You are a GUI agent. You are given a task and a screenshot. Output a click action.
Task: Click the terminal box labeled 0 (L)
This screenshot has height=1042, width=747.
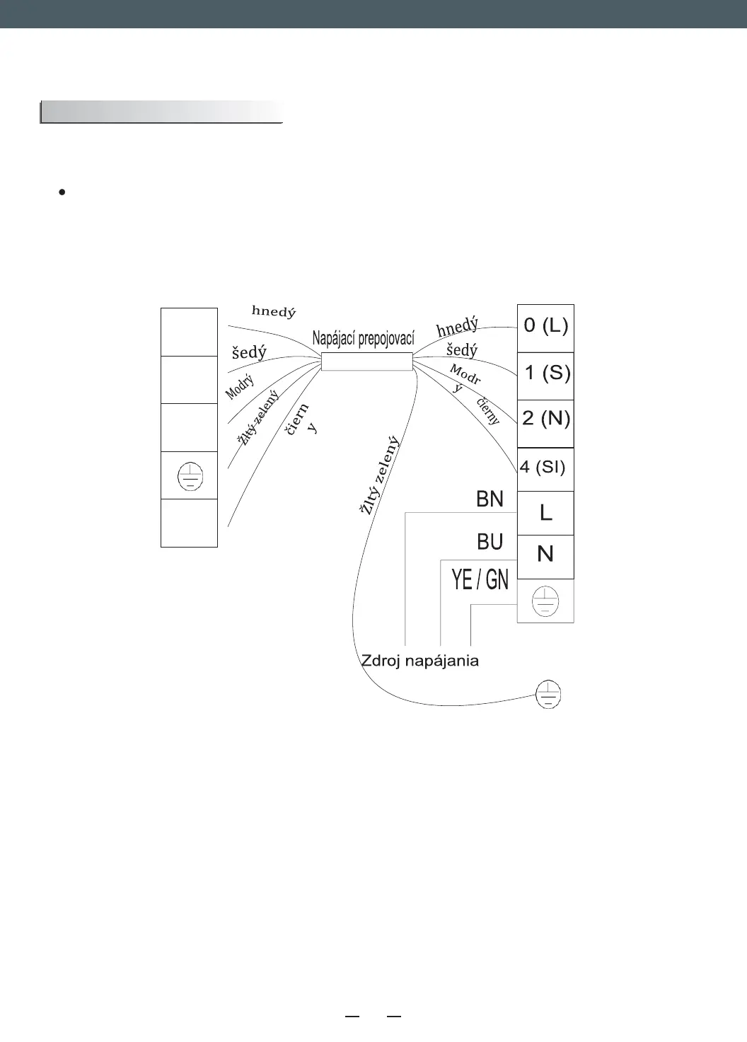(x=545, y=327)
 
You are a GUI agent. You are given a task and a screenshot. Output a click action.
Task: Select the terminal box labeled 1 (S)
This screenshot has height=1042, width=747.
(x=545, y=373)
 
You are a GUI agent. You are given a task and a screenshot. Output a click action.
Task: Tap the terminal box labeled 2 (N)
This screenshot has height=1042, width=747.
(x=545, y=419)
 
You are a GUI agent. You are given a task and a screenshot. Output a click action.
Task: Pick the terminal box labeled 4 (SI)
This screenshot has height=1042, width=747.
(x=544, y=468)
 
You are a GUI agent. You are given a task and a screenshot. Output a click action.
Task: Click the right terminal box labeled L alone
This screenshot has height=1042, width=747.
(x=545, y=513)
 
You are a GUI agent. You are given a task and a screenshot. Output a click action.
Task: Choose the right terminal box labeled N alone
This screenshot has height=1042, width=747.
(x=545, y=555)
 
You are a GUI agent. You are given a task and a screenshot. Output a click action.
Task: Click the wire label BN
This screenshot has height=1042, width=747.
(x=490, y=499)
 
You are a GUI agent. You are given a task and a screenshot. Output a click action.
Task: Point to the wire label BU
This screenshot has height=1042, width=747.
(x=490, y=542)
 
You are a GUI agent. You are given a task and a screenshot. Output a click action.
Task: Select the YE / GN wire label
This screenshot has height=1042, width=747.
(x=480, y=581)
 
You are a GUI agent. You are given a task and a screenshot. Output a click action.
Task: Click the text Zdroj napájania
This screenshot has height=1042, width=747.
(x=420, y=661)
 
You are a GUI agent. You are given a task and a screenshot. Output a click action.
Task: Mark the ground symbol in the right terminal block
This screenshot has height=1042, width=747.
(x=545, y=601)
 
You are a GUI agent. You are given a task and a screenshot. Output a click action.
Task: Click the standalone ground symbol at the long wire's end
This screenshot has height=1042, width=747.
(x=549, y=694)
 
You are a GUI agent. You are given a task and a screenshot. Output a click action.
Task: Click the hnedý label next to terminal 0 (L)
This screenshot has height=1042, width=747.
(x=457, y=328)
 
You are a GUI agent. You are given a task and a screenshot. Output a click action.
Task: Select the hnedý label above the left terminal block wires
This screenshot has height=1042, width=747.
(x=274, y=311)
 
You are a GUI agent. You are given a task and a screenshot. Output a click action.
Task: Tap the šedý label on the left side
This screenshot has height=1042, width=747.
(x=249, y=352)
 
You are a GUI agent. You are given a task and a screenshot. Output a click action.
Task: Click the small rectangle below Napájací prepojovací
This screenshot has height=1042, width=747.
(x=366, y=361)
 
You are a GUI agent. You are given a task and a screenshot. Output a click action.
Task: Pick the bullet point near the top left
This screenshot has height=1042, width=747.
(x=62, y=192)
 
